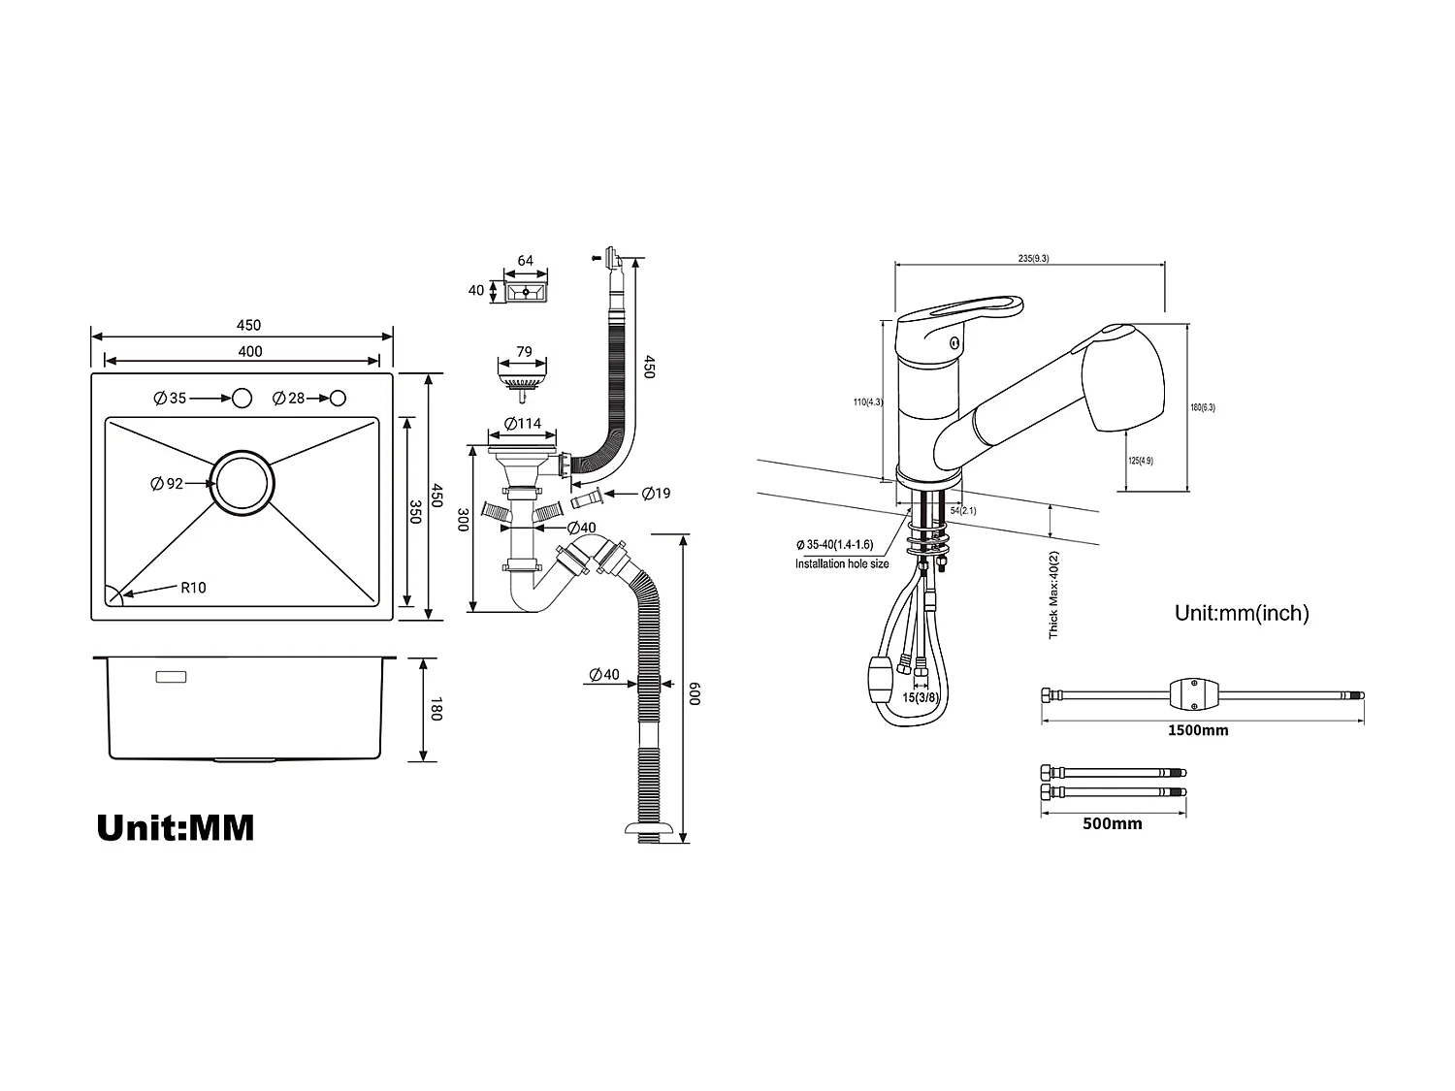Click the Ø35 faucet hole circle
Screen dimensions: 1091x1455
pos(241,399)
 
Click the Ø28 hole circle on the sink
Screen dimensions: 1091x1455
pos(338,399)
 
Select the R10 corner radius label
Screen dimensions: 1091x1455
pos(193,588)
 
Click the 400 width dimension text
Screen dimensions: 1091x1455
pos(250,351)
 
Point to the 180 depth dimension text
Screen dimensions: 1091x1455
pos(435,709)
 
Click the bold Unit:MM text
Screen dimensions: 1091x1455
pos(176,827)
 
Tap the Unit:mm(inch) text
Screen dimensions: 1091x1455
pos(1242,613)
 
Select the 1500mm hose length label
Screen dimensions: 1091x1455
pos(1197,730)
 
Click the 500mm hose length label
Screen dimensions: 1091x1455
pos(1112,824)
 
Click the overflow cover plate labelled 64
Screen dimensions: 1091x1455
pos(526,290)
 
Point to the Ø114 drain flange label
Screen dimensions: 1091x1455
pos(523,424)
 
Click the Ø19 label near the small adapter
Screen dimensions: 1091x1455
pos(657,494)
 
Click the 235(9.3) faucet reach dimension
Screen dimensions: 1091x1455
pos(1033,258)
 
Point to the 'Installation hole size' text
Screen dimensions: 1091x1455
pos(842,563)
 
